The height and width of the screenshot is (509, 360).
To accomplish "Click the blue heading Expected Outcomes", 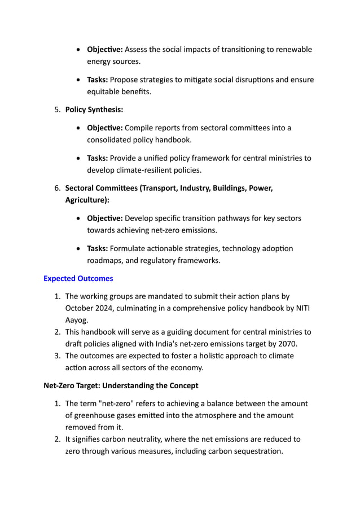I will point(78,278).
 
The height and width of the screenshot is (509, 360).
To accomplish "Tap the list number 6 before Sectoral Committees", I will point(57,188).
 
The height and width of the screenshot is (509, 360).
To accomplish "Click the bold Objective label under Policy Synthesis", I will point(104,128).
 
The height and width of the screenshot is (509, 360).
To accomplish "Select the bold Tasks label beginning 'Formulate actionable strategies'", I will point(97,248).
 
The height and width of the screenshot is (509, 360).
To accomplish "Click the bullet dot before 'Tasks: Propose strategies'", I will point(78,79).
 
